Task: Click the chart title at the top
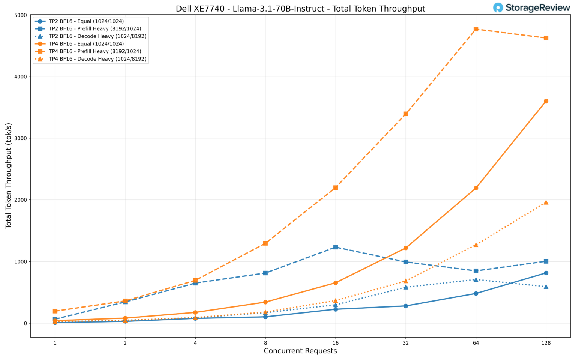point(300,9)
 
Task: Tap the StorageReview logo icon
point(498,7)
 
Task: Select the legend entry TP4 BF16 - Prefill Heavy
point(95,51)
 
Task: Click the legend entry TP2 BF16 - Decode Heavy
point(97,36)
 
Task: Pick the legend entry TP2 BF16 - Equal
point(86,21)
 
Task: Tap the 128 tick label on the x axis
point(546,342)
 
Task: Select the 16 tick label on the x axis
point(336,342)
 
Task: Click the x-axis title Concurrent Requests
point(300,351)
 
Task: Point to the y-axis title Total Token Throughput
point(9,176)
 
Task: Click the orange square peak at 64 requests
point(476,29)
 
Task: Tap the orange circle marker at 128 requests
point(546,101)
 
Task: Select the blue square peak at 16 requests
point(336,247)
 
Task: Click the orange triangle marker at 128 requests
point(546,202)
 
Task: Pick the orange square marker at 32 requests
point(406,114)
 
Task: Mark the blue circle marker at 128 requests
point(546,273)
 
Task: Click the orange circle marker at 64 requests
point(476,188)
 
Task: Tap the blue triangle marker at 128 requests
point(546,286)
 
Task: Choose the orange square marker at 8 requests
point(265,243)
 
